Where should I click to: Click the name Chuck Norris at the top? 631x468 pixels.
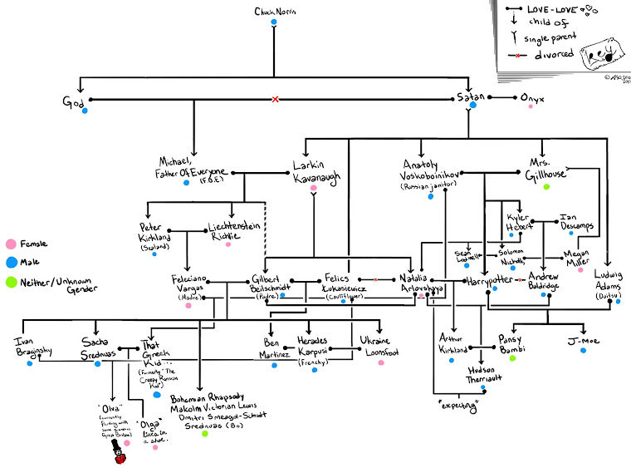(273, 11)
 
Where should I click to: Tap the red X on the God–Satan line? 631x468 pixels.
(276, 100)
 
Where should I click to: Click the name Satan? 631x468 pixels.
(471, 98)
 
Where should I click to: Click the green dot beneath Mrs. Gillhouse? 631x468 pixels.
(546, 187)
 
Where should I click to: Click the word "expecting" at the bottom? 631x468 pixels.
(457, 405)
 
